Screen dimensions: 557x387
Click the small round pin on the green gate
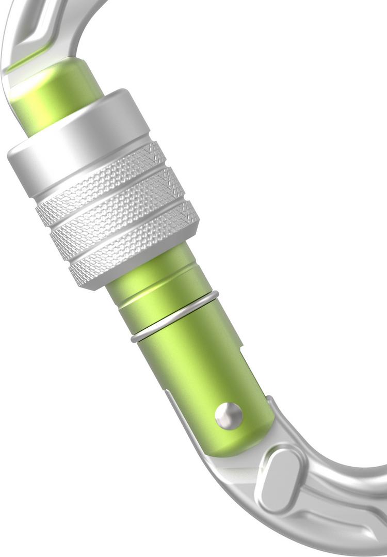(x=229, y=415)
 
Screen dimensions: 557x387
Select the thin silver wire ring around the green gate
(x=175, y=316)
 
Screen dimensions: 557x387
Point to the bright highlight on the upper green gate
(x=31, y=98)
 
